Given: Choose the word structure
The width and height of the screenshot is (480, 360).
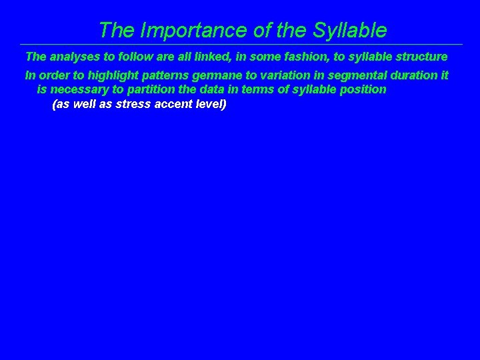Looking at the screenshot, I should [x=421, y=57].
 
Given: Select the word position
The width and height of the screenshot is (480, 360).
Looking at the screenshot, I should [x=364, y=89].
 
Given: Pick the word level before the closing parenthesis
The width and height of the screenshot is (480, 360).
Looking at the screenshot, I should [x=210, y=105].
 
